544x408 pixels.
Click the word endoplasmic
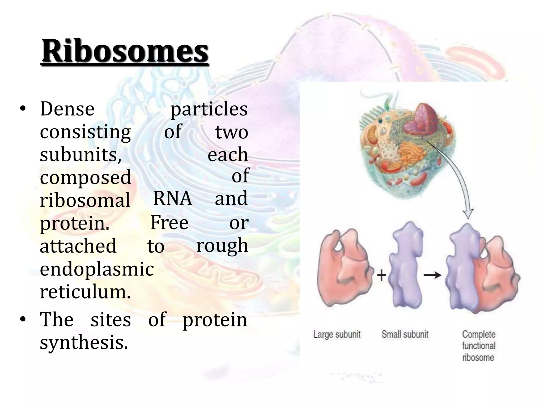pos(97,269)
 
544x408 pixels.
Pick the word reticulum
pos(85,292)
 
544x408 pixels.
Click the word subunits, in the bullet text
pos(81,155)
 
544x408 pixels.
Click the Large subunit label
pos(337,334)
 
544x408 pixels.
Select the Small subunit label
pos(405,334)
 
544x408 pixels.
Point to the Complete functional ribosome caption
pos(479,346)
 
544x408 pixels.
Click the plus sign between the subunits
pos(381,275)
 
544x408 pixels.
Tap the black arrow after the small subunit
pos(432,275)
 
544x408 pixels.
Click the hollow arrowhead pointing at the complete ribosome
pos(468,214)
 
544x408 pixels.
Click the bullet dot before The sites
pos(23,319)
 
